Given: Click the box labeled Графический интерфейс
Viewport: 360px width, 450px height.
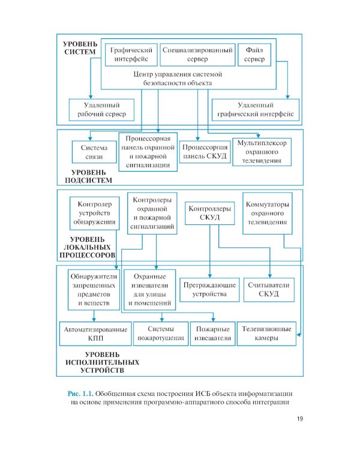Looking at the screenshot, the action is pyautogui.click(x=131, y=55).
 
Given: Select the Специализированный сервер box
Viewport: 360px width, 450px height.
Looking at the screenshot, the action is pyautogui.click(x=197, y=55).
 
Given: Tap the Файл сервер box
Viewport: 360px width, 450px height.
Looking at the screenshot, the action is pyautogui.click(x=254, y=55).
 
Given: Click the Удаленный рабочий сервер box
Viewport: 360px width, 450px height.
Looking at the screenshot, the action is pyautogui.click(x=101, y=110).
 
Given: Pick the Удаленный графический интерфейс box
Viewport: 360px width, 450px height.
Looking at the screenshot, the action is pyautogui.click(x=256, y=110).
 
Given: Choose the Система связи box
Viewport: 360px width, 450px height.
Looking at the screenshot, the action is pyautogui.click(x=94, y=152).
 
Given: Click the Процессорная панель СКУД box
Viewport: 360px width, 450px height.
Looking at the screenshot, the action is pyautogui.click(x=205, y=152).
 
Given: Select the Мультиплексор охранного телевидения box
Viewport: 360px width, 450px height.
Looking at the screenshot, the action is pyautogui.click(x=262, y=152).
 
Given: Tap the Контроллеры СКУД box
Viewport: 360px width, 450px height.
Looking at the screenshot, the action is pyautogui.click(x=210, y=213).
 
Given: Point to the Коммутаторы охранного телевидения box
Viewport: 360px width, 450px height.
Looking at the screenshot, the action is pyautogui.click(x=268, y=213).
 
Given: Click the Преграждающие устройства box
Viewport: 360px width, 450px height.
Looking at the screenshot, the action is pyautogui.click(x=209, y=290).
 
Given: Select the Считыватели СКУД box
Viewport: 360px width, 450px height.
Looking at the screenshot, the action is pyautogui.click(x=269, y=290).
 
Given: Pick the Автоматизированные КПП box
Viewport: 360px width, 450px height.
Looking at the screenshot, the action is pyautogui.click(x=95, y=334).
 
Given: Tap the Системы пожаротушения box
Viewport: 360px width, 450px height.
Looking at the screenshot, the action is pyautogui.click(x=161, y=334).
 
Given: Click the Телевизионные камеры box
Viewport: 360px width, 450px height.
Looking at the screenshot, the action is pyautogui.click(x=266, y=334).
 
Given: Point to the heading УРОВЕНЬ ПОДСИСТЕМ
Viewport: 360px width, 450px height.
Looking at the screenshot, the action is pyautogui.click(x=88, y=176).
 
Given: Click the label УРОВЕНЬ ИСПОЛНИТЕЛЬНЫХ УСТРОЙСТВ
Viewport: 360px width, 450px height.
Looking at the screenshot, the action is pyautogui.click(x=102, y=362).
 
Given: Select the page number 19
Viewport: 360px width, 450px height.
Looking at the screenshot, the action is pyautogui.click(x=300, y=419).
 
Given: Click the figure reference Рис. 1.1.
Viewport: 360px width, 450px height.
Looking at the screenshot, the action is pyautogui.click(x=80, y=394).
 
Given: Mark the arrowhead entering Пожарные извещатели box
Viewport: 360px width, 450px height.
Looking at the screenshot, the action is pyautogui.click(x=213, y=319).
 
